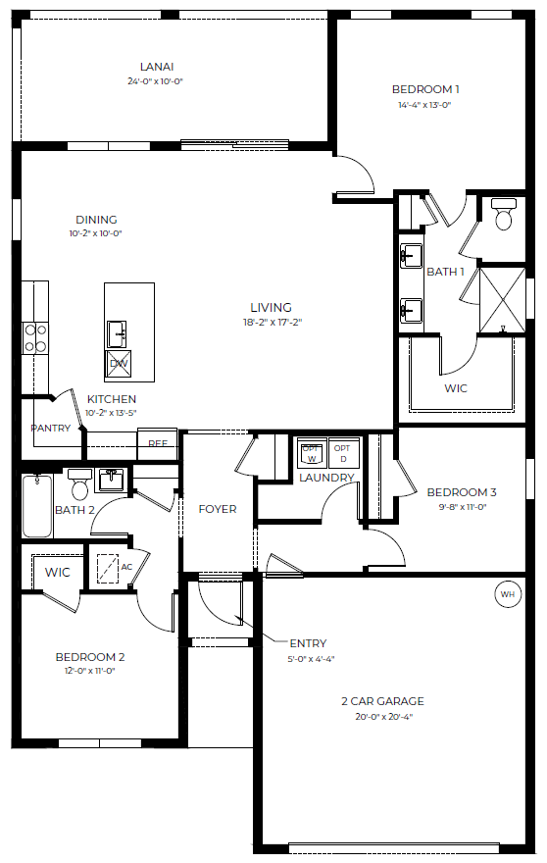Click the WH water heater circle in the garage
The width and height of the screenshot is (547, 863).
click(x=508, y=594)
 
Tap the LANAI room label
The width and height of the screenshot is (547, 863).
click(x=157, y=67)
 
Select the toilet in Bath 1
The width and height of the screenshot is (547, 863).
click(x=504, y=214)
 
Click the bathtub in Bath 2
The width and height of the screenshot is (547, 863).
click(x=37, y=506)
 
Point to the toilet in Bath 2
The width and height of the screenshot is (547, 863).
click(x=80, y=483)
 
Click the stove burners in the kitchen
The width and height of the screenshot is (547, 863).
click(x=35, y=338)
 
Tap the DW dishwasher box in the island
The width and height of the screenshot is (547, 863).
click(x=119, y=363)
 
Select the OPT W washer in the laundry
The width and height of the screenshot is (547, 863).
click(x=312, y=452)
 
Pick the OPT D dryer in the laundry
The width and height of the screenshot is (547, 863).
click(x=343, y=452)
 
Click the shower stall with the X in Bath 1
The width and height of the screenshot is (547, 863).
click(x=503, y=300)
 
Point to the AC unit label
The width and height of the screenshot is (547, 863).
click(x=126, y=567)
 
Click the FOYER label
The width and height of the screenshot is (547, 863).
click(x=218, y=509)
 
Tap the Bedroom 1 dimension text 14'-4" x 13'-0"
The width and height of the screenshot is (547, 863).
click(x=424, y=105)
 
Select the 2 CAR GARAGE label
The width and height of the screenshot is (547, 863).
click(x=382, y=701)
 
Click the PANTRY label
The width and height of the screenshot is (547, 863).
click(x=51, y=428)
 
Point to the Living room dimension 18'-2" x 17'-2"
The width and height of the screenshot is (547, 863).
click(x=273, y=322)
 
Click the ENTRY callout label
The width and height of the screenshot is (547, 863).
click(x=308, y=643)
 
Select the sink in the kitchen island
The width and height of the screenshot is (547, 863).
click(x=117, y=334)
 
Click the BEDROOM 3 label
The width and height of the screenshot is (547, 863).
click(x=462, y=492)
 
